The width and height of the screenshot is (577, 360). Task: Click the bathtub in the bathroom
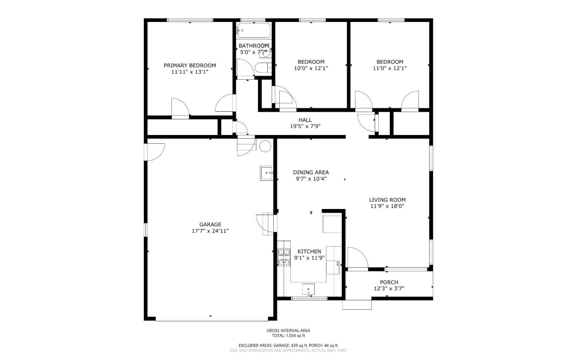click(254, 30)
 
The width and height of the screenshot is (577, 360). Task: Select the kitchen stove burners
click(284, 257)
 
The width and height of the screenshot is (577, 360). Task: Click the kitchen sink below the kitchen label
click(308, 289)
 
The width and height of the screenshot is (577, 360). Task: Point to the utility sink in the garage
click(266, 173)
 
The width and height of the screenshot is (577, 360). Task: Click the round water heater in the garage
click(265, 146)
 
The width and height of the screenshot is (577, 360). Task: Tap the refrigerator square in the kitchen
click(332, 223)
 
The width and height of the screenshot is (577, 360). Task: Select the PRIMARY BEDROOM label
click(190, 65)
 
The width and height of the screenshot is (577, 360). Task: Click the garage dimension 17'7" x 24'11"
click(210, 231)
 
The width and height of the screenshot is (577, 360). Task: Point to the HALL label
click(305, 120)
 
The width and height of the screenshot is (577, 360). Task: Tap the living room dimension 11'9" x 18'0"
click(387, 206)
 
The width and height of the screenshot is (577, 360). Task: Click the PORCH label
click(389, 282)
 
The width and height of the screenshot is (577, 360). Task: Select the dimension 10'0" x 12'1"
click(311, 68)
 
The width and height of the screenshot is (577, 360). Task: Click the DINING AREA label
click(311, 172)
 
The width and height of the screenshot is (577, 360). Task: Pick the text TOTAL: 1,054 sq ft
click(288, 336)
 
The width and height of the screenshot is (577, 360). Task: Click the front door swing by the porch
click(357, 257)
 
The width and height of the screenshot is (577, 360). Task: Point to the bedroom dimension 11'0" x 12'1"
click(389, 68)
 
